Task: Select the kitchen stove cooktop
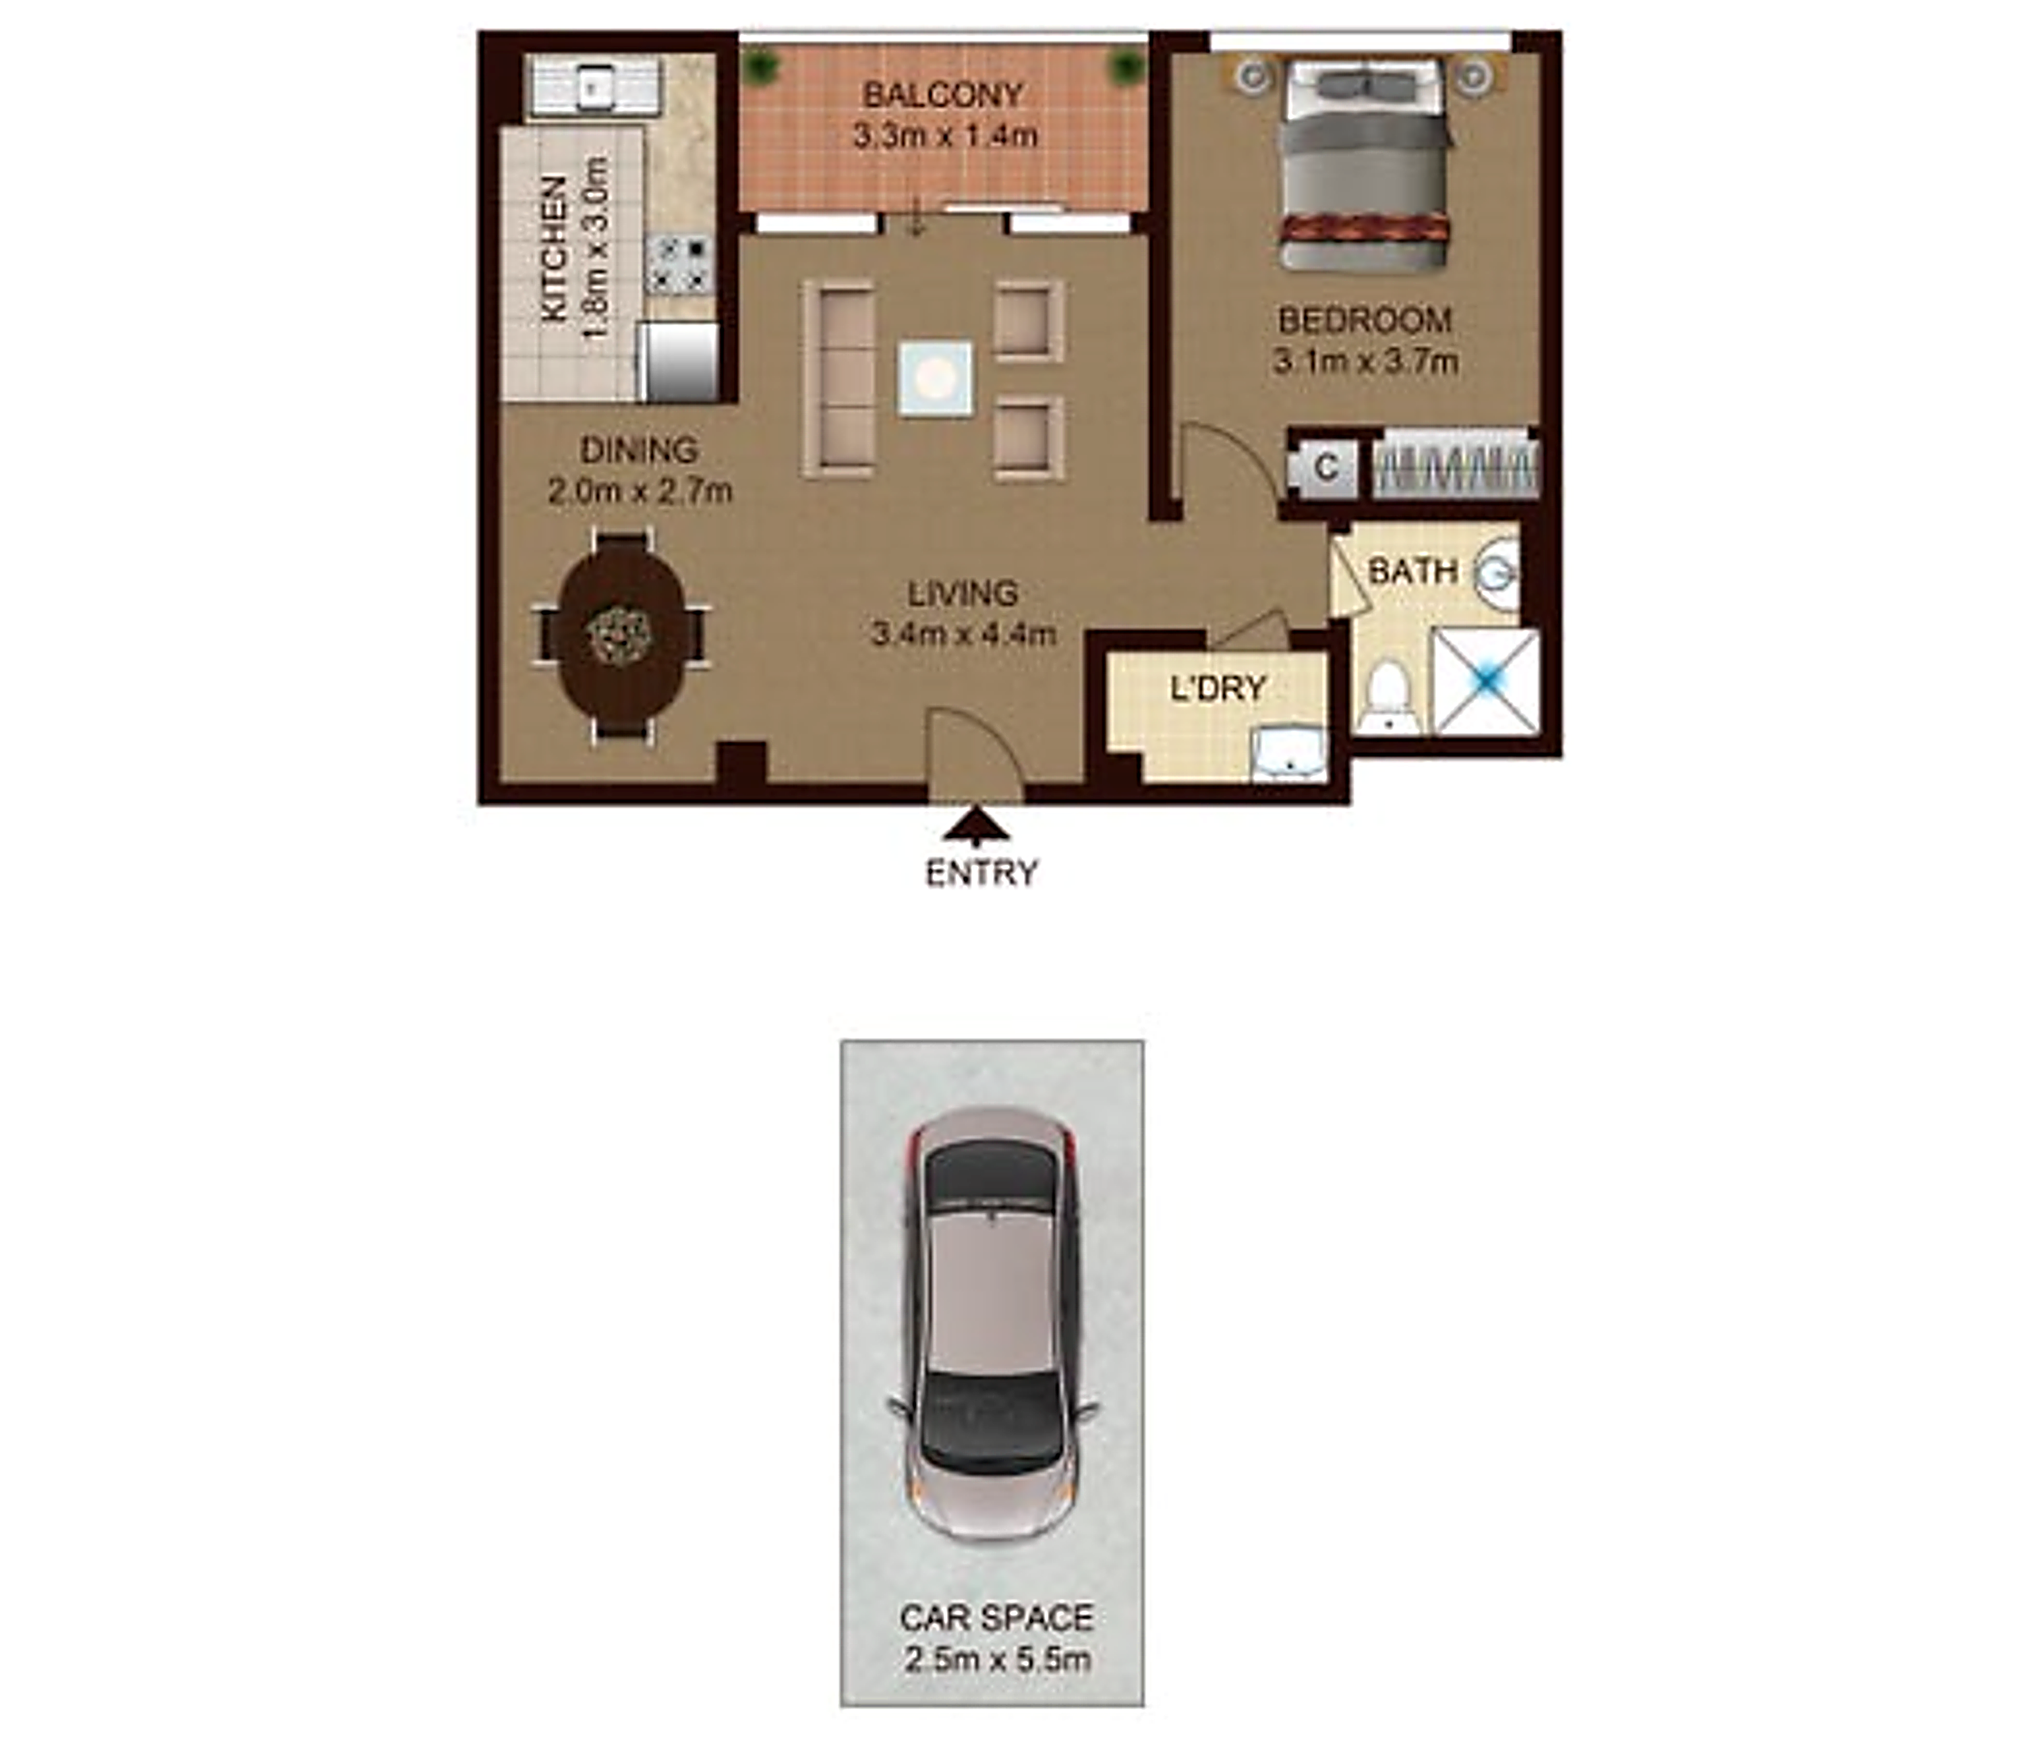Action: click(x=679, y=264)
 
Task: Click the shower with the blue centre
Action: click(x=1485, y=681)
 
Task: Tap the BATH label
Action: click(x=1413, y=571)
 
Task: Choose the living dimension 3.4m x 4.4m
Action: click(x=964, y=634)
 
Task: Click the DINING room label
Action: click(x=639, y=450)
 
